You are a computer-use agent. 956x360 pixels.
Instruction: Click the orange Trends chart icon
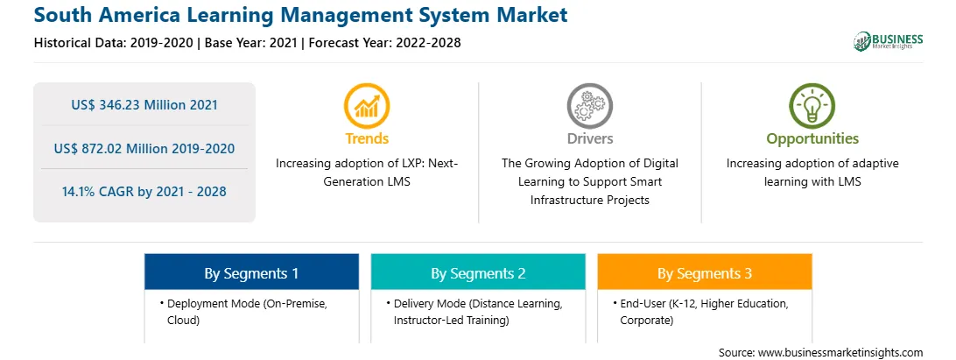(367, 106)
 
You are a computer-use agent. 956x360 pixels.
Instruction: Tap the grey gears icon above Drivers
(589, 106)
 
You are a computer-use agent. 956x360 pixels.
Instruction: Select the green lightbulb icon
(812, 106)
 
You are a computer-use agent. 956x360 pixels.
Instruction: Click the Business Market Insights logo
(889, 41)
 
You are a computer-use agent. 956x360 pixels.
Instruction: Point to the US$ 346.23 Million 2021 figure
(144, 104)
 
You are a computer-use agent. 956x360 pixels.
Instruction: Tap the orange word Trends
(367, 138)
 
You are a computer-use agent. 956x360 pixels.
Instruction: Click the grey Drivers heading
(589, 138)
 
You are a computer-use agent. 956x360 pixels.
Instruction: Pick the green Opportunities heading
(812, 139)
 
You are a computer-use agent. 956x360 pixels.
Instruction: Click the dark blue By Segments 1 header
(251, 272)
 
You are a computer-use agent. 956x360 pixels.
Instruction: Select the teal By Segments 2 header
(478, 272)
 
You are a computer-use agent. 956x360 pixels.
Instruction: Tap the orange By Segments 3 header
(704, 272)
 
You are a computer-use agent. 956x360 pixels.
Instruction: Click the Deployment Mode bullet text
(243, 312)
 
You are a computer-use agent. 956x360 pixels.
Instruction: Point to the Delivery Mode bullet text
(474, 312)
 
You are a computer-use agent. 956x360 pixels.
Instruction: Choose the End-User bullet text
(700, 312)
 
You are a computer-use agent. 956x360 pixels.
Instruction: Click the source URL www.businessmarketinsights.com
(840, 352)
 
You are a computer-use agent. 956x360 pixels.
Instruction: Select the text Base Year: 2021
(251, 43)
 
